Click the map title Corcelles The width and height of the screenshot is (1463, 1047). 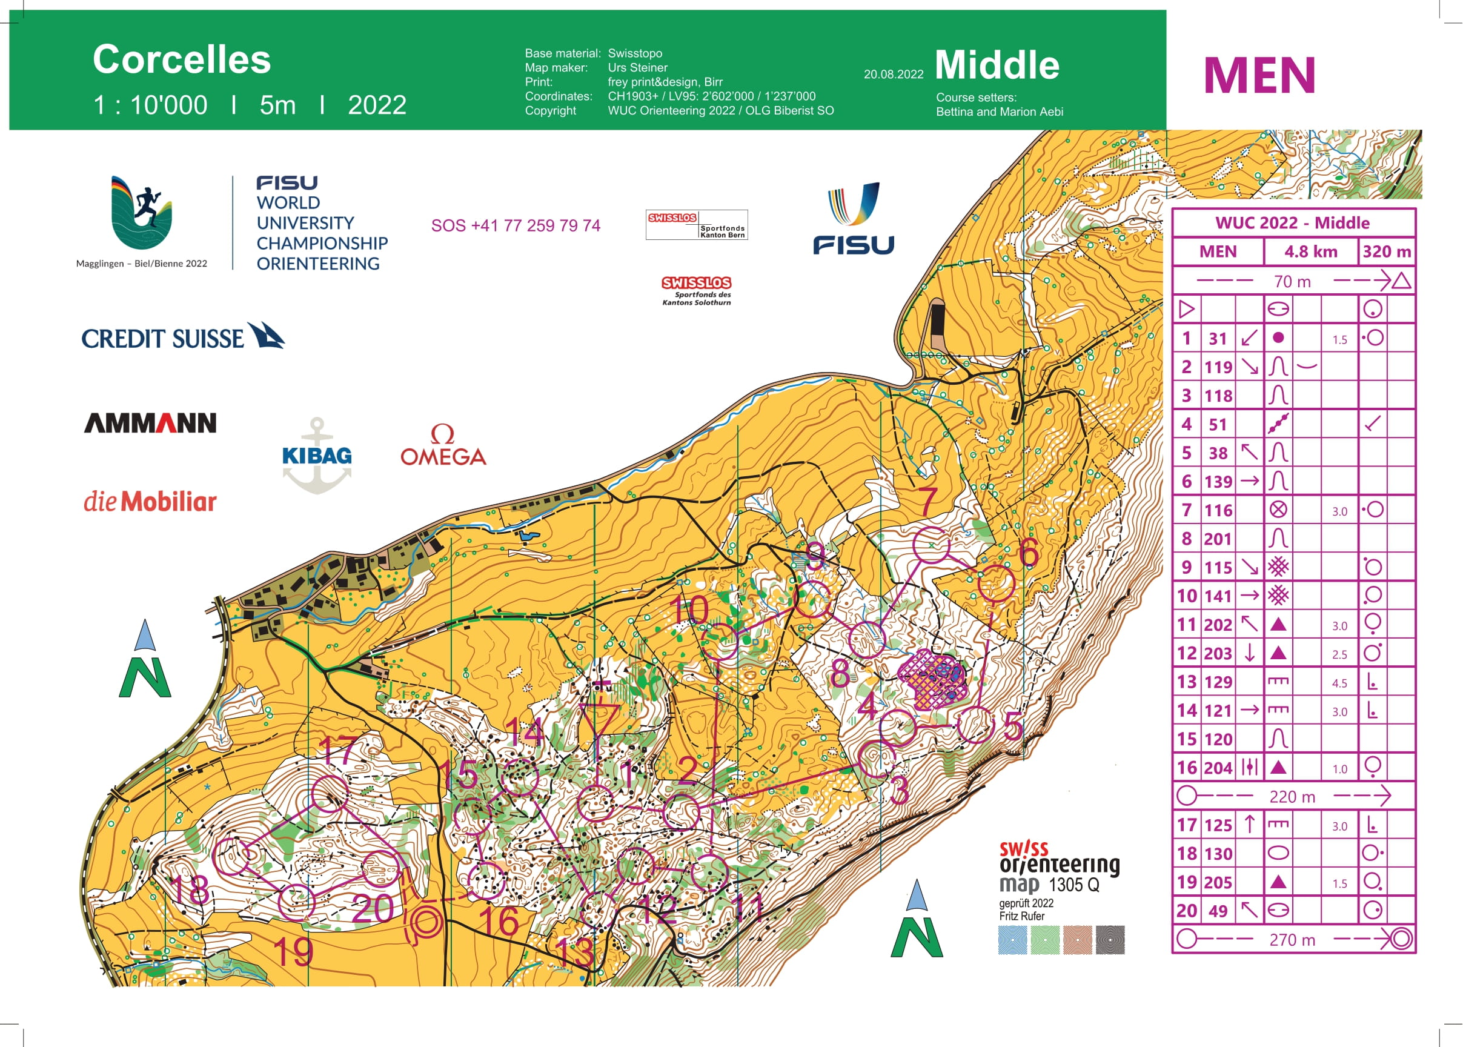click(182, 59)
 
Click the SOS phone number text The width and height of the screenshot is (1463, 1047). click(516, 225)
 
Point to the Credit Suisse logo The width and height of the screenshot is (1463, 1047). click(182, 337)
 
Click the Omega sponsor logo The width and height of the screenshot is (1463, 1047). click(443, 446)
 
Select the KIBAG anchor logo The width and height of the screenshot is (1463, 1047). click(316, 455)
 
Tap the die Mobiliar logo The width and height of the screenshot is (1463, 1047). click(150, 501)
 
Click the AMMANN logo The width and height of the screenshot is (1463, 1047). click(150, 423)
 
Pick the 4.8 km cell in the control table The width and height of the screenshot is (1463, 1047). click(1310, 251)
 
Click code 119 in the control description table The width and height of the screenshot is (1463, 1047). click(1218, 367)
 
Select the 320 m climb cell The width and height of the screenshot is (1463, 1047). click(1386, 251)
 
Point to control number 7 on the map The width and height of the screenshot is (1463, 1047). click(927, 501)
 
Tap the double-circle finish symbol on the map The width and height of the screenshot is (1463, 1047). click(425, 923)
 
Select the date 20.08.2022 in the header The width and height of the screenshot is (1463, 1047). click(894, 74)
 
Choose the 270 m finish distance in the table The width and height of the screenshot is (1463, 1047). click(1292, 940)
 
